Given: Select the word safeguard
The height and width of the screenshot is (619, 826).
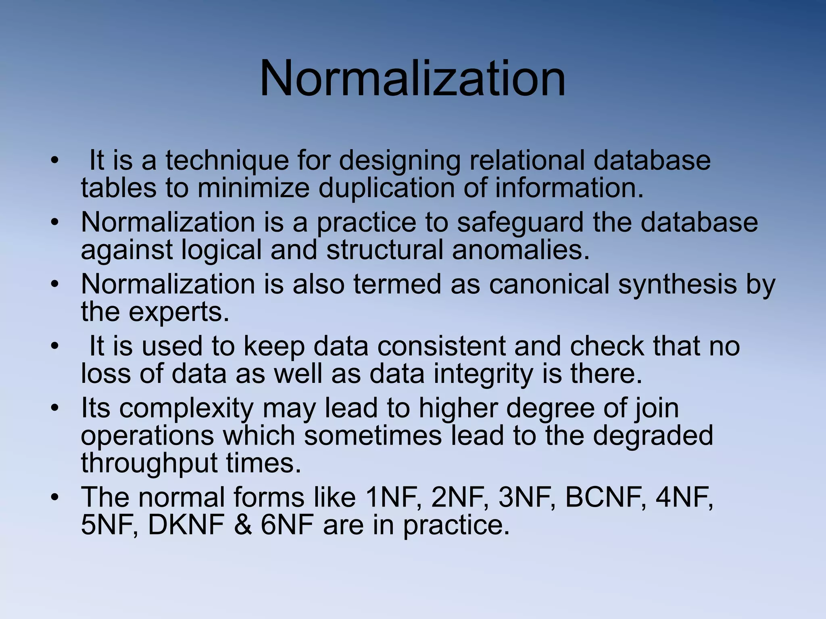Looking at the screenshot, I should click(x=520, y=222).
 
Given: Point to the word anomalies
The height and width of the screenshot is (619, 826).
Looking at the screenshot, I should click(x=521, y=250).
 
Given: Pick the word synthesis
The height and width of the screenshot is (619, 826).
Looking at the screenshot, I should click(x=677, y=284).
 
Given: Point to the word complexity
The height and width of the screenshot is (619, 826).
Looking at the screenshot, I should click(x=186, y=408).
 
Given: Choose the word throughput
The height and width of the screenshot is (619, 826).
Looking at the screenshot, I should click(x=149, y=463).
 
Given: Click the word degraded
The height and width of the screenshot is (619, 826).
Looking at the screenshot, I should click(x=653, y=436).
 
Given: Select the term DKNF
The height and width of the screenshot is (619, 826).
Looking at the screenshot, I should click(x=186, y=525).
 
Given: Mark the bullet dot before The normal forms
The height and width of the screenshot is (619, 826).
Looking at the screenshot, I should click(x=55, y=498).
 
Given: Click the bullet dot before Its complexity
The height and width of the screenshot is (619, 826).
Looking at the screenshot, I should click(x=55, y=408).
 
